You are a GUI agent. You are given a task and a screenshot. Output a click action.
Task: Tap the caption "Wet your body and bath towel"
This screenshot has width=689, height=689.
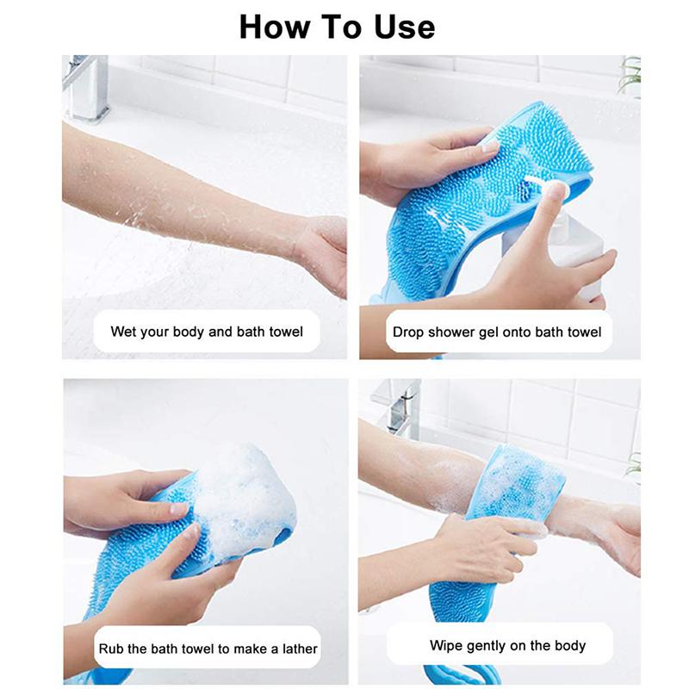click(x=207, y=332)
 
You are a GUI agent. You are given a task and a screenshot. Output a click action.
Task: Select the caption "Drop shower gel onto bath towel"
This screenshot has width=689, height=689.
click(x=497, y=332)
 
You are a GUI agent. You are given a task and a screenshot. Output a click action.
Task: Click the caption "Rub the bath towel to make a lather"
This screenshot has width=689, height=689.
click(x=208, y=649)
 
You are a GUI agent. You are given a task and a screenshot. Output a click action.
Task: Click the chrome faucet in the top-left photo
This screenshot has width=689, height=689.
click(x=86, y=86)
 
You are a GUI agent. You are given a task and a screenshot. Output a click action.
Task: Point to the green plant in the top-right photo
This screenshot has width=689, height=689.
click(x=630, y=76)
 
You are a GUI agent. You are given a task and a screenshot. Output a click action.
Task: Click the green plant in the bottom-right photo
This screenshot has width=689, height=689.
click(x=634, y=465)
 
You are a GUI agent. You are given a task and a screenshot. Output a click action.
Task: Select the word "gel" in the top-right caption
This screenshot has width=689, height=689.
click(x=491, y=332)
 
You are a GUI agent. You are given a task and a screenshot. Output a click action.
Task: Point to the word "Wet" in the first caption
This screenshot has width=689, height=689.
click(x=123, y=332)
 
